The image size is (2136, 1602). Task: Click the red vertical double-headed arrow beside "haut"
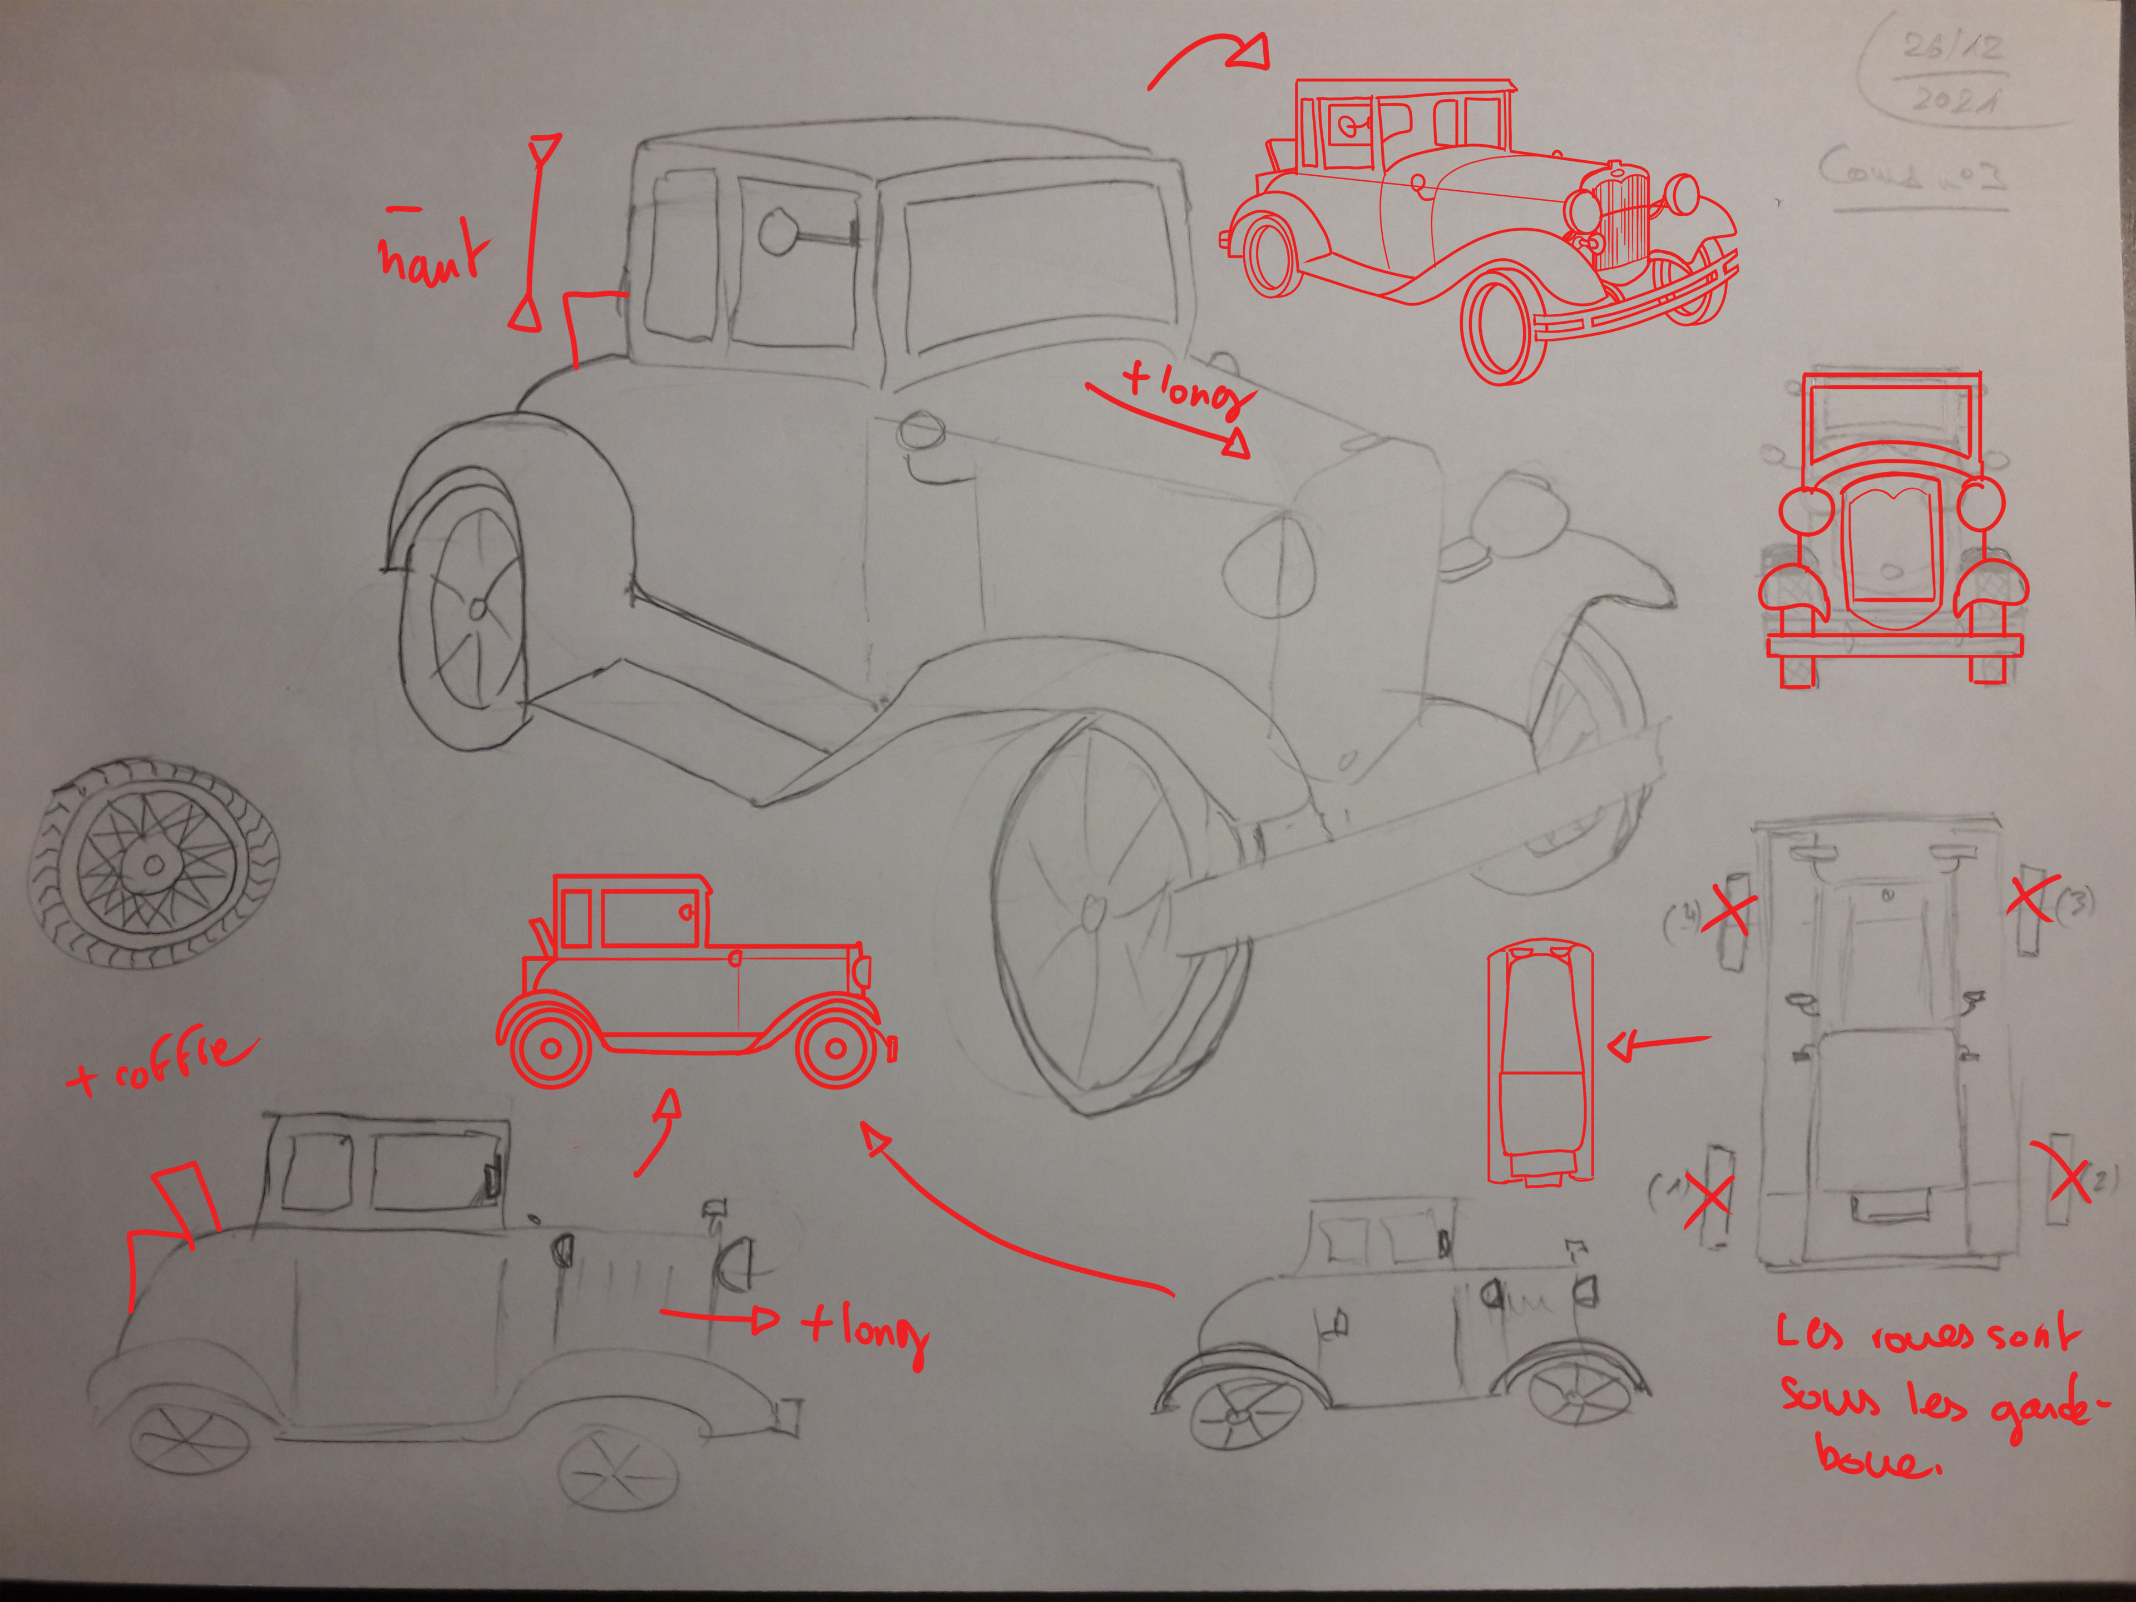[x=535, y=232]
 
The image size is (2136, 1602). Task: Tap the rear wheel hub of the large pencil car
[x=477, y=609]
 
